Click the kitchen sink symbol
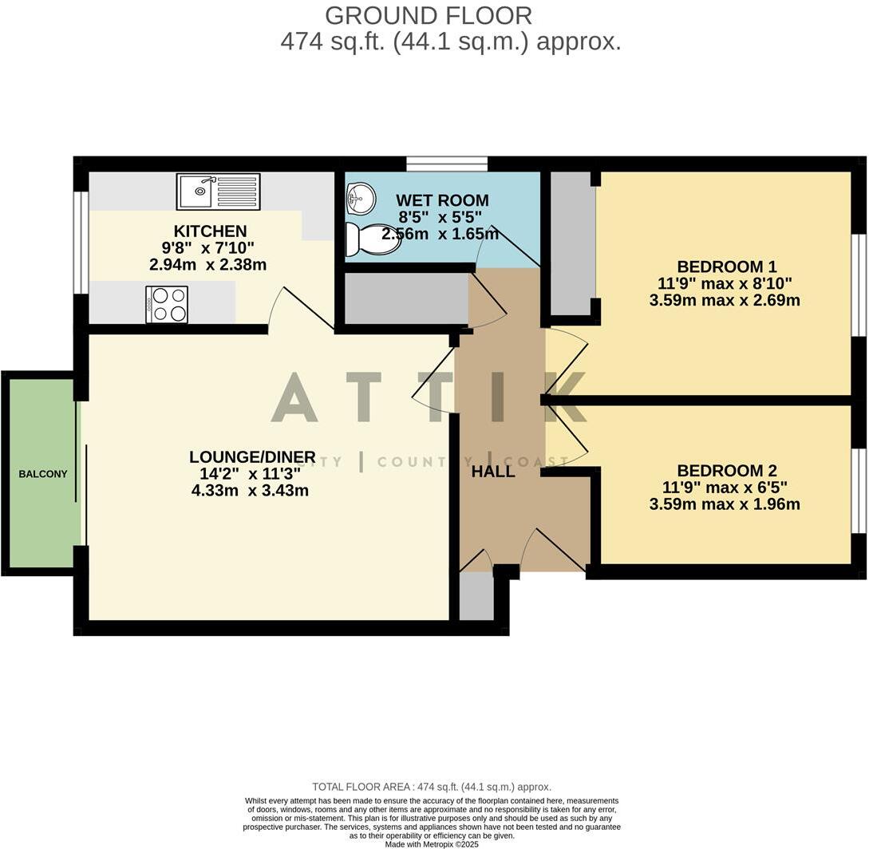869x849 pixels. click(218, 192)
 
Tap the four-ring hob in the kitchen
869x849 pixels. click(167, 304)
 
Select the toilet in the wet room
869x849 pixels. click(373, 239)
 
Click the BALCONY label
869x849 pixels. click(43, 474)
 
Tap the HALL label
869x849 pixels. click(492, 472)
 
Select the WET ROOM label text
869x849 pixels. click(442, 200)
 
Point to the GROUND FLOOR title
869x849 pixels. click(429, 15)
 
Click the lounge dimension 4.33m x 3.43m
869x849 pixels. click(250, 491)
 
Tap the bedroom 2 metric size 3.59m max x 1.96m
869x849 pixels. click(725, 504)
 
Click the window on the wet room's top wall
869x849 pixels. click(446, 164)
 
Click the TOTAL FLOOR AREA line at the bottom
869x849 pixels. click(431, 787)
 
